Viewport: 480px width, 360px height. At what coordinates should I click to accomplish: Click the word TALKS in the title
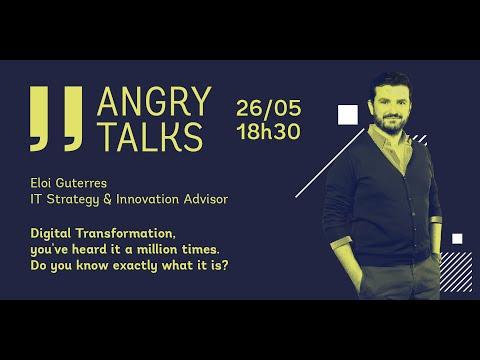click(151, 137)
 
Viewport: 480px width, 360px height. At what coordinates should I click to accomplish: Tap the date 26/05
click(269, 108)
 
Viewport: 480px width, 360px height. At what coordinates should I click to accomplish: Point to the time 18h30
click(269, 131)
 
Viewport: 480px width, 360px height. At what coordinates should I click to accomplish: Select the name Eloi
click(41, 183)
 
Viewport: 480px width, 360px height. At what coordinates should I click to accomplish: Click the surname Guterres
click(81, 183)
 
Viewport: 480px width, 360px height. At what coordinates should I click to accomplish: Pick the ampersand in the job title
click(107, 199)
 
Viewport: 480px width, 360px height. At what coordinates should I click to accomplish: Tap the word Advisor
click(206, 199)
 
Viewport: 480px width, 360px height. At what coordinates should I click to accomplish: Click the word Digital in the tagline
click(51, 234)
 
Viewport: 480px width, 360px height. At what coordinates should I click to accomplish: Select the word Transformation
click(125, 233)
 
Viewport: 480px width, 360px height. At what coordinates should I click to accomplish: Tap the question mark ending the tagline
click(225, 266)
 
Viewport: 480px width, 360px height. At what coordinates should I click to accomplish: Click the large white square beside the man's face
click(348, 115)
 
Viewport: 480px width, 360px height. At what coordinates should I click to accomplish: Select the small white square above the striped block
click(457, 239)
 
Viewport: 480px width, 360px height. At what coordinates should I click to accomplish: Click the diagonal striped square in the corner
click(456, 272)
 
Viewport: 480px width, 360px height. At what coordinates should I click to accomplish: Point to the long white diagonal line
click(330, 163)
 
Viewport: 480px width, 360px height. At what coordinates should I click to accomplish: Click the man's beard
click(390, 124)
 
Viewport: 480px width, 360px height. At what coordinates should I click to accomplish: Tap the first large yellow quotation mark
click(39, 118)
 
